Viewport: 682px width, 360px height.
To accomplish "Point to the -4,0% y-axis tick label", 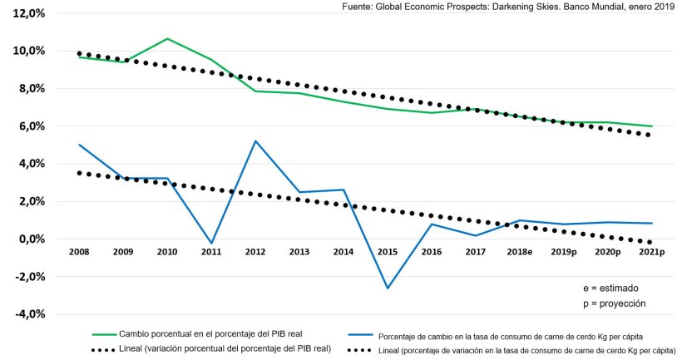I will (28, 314).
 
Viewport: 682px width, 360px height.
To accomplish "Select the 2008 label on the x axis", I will (80, 251).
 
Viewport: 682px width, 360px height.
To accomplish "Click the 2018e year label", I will (518, 251).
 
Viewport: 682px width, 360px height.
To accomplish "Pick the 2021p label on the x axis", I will (650, 251).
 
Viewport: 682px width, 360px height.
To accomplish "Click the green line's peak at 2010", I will (167, 39).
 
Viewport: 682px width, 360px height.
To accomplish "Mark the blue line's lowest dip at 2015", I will (387, 288).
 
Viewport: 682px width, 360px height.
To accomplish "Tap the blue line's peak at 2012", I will (255, 141).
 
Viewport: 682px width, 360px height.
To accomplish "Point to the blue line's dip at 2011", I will (211, 244).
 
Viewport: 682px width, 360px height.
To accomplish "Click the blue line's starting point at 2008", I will (80, 145).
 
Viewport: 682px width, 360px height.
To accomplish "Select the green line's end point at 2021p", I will (651, 126).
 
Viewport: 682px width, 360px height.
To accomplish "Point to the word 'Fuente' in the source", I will (358, 7).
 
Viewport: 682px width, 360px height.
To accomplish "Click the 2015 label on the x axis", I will (387, 251).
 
